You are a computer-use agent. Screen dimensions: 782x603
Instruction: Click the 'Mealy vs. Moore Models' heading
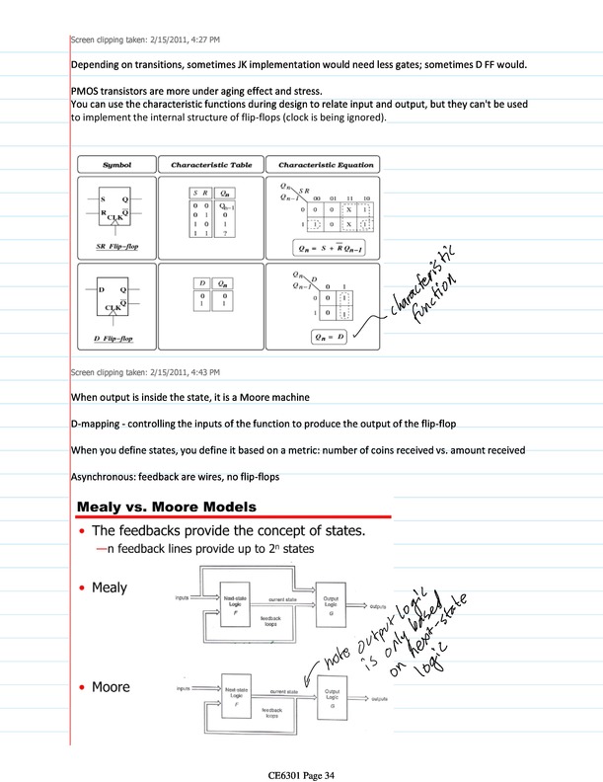167,507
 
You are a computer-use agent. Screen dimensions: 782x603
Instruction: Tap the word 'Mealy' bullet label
110,588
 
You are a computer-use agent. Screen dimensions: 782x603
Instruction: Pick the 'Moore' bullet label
112,686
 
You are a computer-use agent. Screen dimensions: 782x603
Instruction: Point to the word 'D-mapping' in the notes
99,424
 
